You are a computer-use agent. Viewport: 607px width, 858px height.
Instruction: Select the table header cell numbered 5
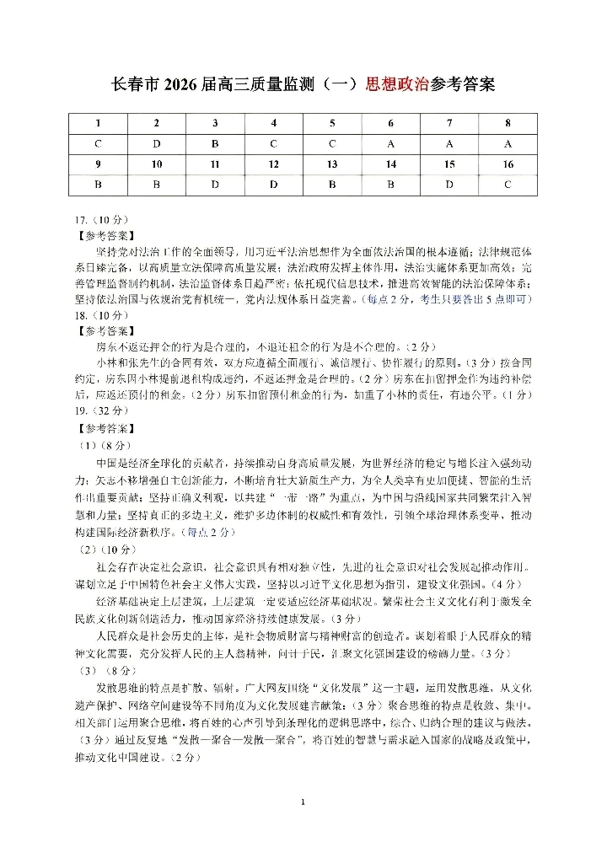pos(332,123)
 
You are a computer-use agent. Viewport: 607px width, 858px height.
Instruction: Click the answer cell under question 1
pos(99,143)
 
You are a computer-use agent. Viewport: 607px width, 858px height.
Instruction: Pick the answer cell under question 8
pos(508,143)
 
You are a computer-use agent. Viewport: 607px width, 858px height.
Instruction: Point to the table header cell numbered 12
pos(273,164)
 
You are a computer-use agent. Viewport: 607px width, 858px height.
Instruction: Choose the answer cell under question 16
pos(508,184)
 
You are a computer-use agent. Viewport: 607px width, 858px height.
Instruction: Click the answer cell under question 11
pos(215,184)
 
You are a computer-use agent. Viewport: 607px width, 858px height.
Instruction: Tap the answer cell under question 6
pos(391,143)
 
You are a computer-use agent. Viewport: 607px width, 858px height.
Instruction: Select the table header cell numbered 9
pos(99,164)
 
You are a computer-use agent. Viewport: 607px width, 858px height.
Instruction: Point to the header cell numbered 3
pos(215,123)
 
